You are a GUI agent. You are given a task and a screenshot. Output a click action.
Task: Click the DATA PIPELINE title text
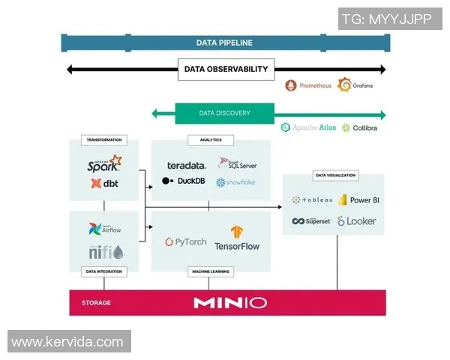click(224, 43)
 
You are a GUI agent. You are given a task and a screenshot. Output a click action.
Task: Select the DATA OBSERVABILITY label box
click(226, 69)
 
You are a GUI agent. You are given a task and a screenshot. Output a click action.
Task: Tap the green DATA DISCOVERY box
click(224, 113)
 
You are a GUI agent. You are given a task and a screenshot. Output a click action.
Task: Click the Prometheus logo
click(308, 85)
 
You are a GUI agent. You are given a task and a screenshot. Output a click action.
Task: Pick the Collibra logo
click(359, 127)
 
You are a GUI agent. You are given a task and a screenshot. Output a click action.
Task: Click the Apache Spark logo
click(104, 163)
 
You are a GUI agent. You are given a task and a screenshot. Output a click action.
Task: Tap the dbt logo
click(103, 183)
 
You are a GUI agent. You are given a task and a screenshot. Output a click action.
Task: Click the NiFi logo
click(105, 251)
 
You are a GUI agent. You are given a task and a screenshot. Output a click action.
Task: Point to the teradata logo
click(186, 165)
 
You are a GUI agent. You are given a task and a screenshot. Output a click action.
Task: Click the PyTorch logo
click(185, 241)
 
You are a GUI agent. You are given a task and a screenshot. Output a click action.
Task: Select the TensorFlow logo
click(236, 238)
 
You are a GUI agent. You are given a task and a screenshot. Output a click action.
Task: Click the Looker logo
click(357, 221)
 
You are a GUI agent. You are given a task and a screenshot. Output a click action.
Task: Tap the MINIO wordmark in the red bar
click(229, 303)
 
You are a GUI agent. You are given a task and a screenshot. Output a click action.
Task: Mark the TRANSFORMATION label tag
click(104, 139)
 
